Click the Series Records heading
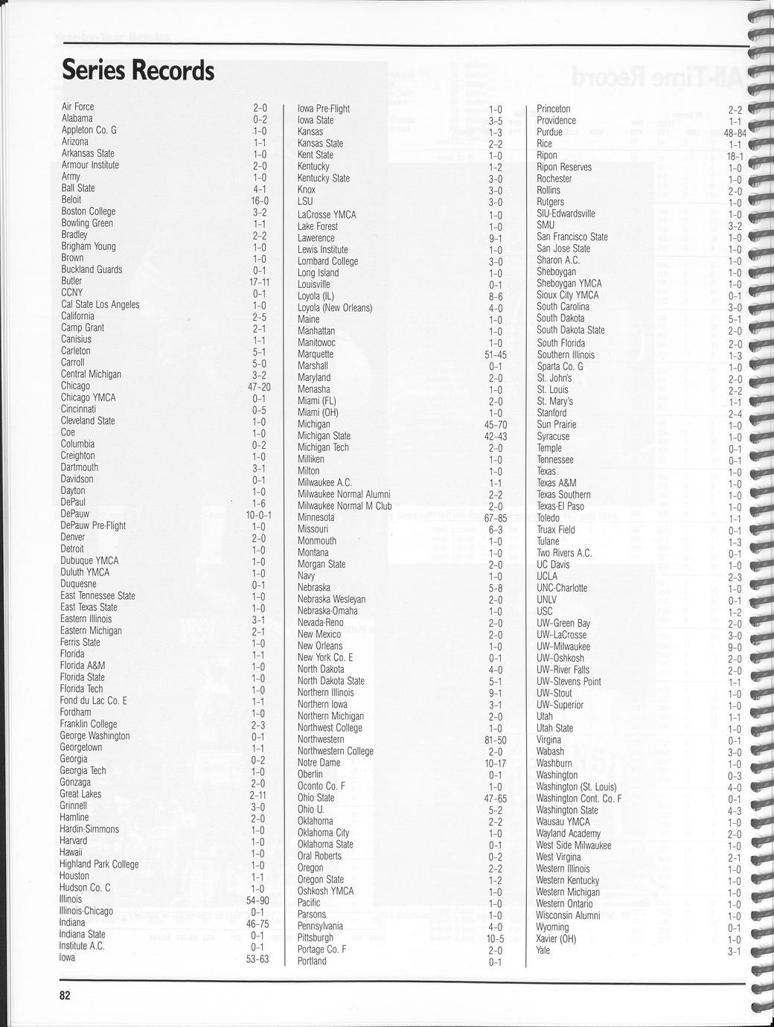(x=138, y=71)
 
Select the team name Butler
(x=71, y=281)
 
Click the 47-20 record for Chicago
(x=259, y=386)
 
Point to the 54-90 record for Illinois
(x=258, y=900)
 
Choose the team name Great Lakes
(x=80, y=794)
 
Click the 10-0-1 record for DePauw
(x=258, y=514)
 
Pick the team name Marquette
(x=316, y=354)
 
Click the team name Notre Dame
(x=319, y=763)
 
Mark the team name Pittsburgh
(x=316, y=938)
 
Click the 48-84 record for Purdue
(x=735, y=133)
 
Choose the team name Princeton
(x=554, y=109)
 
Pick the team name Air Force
(x=77, y=107)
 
